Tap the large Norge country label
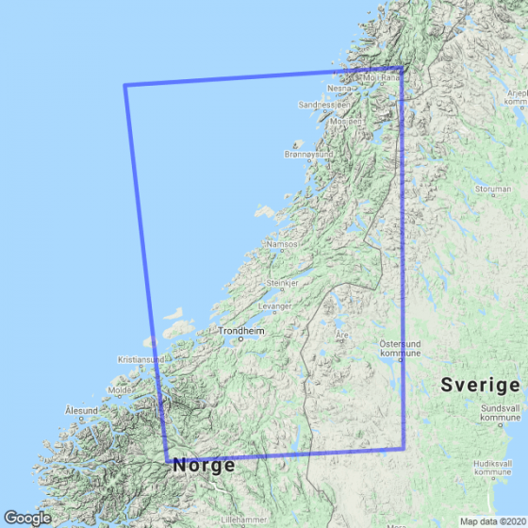204,465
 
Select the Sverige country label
481,386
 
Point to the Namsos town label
283,244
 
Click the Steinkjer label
283,283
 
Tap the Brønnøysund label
308,153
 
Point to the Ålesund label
81,410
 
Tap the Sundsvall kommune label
500,412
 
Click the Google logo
27,517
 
